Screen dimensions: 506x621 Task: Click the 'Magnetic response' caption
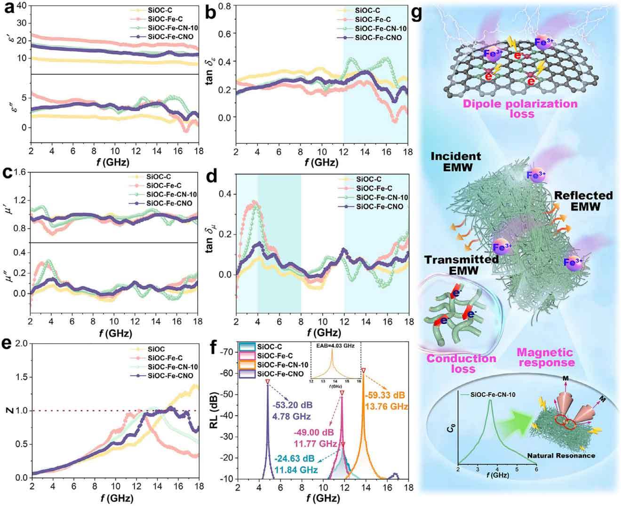pos(546,357)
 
